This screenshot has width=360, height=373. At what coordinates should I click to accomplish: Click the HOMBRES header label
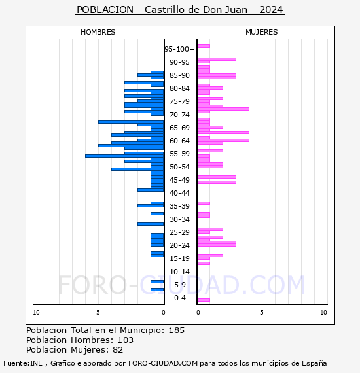click(x=98, y=32)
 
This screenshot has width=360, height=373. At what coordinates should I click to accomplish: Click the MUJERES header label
click(x=262, y=32)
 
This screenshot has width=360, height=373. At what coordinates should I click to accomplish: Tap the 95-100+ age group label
click(x=179, y=49)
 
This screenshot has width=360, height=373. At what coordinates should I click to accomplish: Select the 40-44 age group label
click(x=179, y=193)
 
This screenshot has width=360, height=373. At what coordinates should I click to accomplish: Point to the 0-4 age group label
click(x=180, y=298)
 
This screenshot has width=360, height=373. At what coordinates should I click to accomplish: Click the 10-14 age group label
click(x=179, y=272)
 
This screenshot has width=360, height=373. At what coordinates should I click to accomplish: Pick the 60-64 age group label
click(x=179, y=141)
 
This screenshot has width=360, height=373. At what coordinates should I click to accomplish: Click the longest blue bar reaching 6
click(x=124, y=156)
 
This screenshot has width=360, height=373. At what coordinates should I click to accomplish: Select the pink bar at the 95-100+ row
click(x=204, y=46)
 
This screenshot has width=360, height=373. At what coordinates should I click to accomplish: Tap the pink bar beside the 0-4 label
click(x=204, y=300)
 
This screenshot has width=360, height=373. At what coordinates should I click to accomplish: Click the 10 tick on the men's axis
click(x=36, y=313)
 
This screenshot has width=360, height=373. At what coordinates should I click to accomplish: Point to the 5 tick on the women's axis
click(x=262, y=313)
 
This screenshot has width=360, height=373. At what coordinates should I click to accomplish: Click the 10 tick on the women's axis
click(x=323, y=313)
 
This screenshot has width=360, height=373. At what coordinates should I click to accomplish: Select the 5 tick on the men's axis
click(x=98, y=313)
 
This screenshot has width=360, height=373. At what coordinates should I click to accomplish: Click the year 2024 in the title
click(x=271, y=10)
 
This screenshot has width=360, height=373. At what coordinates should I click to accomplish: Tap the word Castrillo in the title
click(x=166, y=10)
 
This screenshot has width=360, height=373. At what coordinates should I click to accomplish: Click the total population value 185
click(x=176, y=330)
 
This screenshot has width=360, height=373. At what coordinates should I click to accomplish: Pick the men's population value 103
click(x=126, y=340)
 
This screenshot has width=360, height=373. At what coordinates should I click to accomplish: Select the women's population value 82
click(x=118, y=350)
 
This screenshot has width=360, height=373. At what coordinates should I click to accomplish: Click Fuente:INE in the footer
click(x=23, y=363)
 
